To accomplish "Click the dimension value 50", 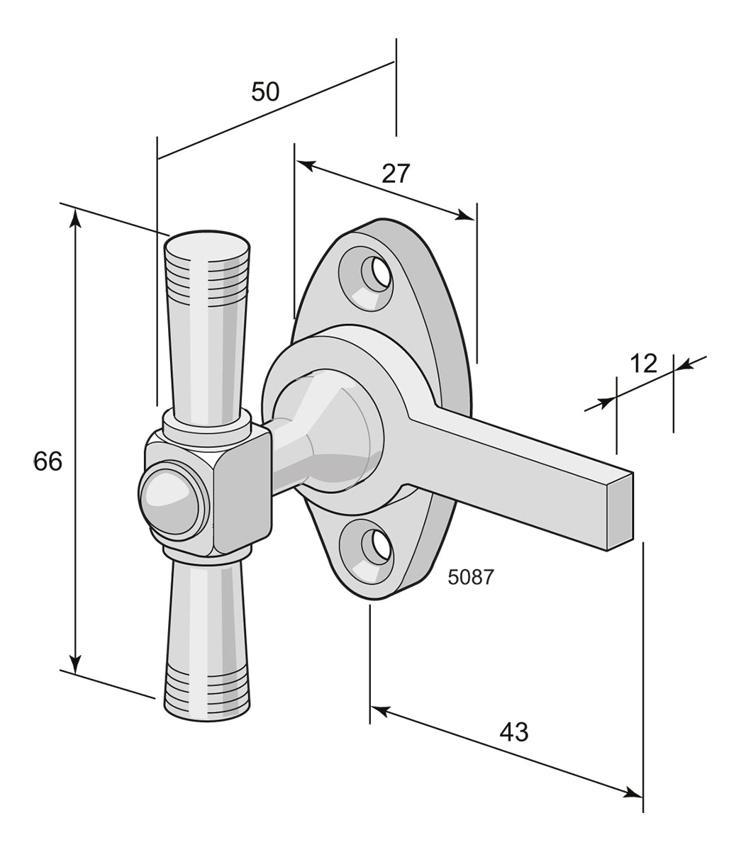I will [x=265, y=91].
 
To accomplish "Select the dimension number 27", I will [x=396, y=173].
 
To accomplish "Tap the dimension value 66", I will [x=48, y=461].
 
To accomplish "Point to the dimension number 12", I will [x=644, y=364].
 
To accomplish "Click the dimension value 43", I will [x=514, y=732].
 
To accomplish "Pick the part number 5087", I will [x=470, y=577].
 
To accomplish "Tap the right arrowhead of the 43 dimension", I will [x=633, y=792].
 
